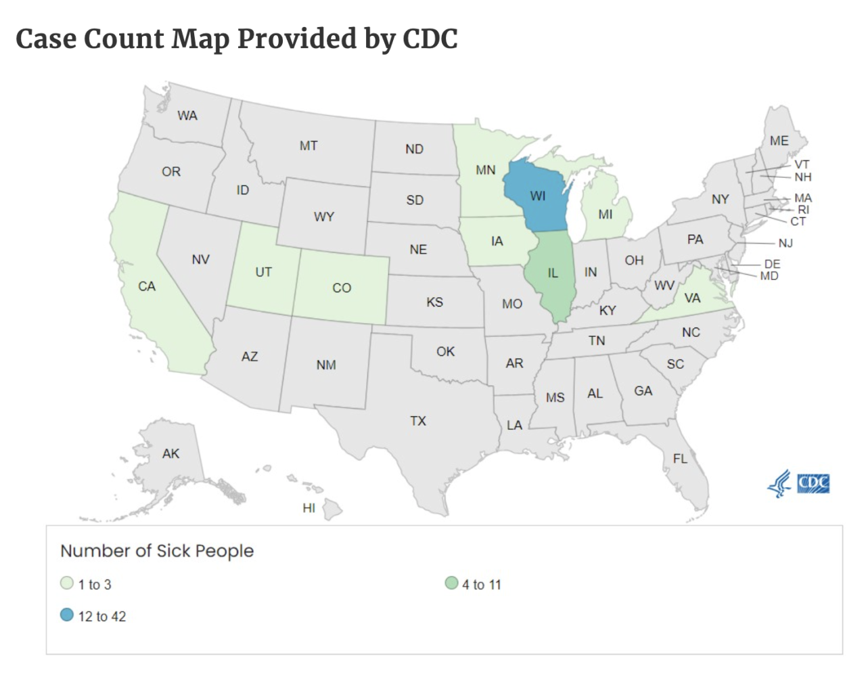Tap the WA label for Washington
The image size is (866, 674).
[x=187, y=116]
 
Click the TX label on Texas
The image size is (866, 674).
[x=417, y=421]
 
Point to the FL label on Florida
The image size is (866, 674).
[x=680, y=459]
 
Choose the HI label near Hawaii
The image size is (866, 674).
[x=309, y=508]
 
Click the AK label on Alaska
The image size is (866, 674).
[x=170, y=453]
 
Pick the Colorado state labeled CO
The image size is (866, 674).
[x=342, y=288]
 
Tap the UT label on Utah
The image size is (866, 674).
[x=263, y=272]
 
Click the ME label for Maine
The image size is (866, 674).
[x=779, y=141]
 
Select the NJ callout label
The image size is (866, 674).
[x=785, y=243]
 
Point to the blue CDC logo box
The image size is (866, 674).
[x=813, y=483]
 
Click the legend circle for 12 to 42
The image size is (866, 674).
[x=66, y=615]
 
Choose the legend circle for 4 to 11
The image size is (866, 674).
[x=451, y=583]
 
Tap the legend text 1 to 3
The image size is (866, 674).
[x=95, y=585]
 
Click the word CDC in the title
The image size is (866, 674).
[x=430, y=39]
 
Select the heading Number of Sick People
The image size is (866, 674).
[x=157, y=551]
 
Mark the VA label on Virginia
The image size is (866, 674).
[x=691, y=298]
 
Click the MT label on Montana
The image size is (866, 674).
[x=309, y=145]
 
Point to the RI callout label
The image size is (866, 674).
[x=803, y=210]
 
